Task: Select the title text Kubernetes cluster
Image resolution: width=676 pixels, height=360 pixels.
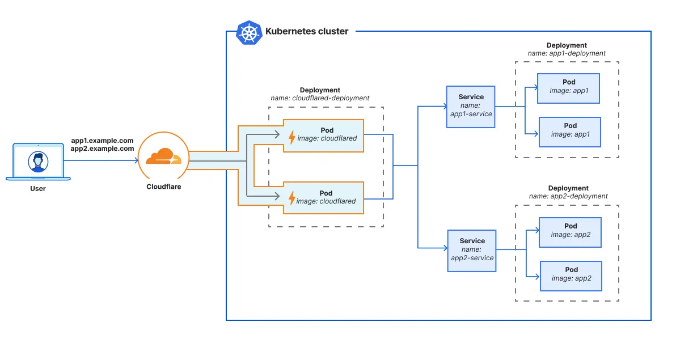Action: [x=307, y=32]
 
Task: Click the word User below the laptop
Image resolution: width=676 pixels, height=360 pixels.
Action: [x=38, y=188]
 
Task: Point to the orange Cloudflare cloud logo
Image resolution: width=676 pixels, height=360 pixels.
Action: [x=163, y=156]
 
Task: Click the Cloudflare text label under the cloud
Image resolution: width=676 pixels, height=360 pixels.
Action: [x=163, y=187]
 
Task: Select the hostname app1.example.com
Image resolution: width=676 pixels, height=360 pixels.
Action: [x=102, y=140]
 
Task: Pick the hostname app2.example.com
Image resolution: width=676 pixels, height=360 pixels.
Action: [x=102, y=149]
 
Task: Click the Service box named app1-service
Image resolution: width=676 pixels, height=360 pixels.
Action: [x=471, y=105]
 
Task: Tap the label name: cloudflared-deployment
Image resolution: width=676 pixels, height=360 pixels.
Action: [x=320, y=98]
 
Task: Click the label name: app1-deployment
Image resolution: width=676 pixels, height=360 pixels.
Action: [x=567, y=53]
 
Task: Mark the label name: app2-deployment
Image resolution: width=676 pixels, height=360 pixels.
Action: [x=568, y=196]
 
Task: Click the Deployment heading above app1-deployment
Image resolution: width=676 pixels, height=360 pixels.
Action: [x=567, y=45]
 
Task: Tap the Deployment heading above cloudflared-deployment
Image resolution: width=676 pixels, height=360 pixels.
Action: [x=320, y=90]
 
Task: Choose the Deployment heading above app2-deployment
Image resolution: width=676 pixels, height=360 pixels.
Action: [x=568, y=188]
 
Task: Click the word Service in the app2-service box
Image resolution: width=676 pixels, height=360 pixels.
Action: [x=472, y=241]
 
